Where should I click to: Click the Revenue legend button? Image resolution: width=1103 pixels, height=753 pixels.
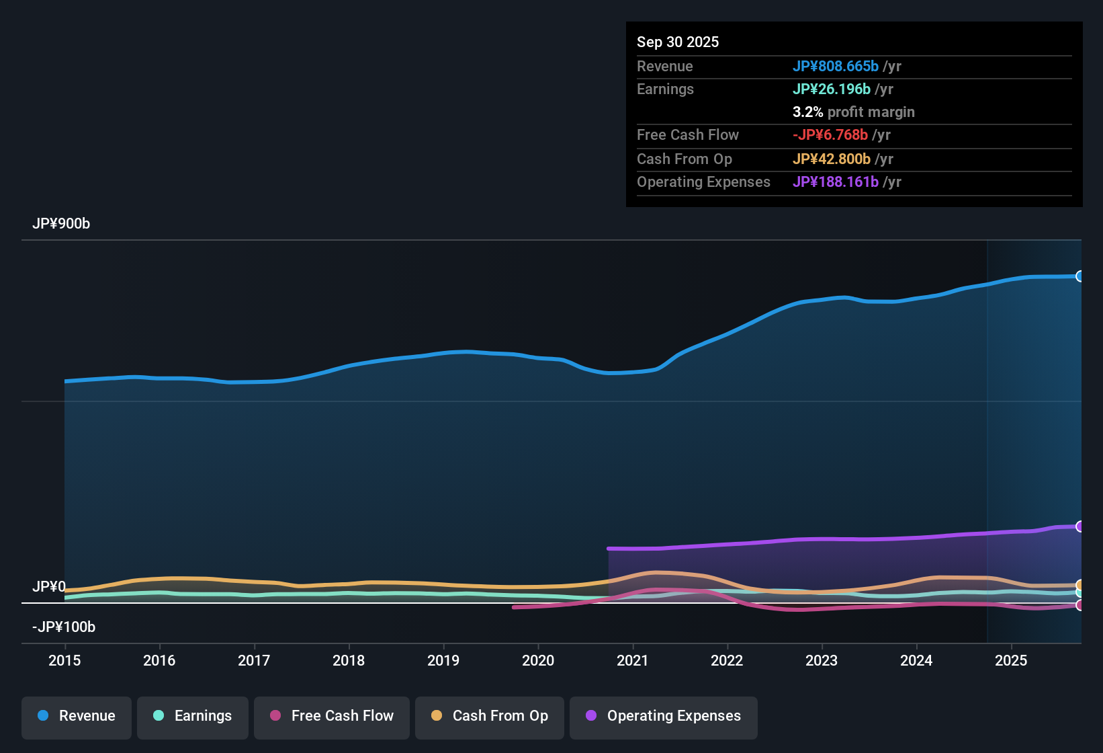(x=77, y=716)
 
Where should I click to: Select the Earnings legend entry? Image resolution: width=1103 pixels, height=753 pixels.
(x=193, y=716)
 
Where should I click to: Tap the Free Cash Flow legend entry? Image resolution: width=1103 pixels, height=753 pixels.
(x=332, y=716)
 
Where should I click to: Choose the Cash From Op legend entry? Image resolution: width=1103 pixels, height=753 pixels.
(x=490, y=716)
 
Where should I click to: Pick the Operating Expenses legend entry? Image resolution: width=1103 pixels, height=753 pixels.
(x=664, y=716)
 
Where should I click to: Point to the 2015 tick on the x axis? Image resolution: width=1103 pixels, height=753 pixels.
(x=64, y=660)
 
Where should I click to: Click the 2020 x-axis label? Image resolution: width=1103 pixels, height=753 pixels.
(x=538, y=660)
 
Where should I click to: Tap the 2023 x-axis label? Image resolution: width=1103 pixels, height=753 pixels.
(x=822, y=660)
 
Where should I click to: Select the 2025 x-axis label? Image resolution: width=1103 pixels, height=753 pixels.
(x=1011, y=660)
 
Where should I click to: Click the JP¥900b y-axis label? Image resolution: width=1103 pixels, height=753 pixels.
(x=61, y=224)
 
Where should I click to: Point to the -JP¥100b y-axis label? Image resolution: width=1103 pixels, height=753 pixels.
(x=64, y=627)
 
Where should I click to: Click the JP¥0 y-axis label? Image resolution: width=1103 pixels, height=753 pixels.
(x=49, y=587)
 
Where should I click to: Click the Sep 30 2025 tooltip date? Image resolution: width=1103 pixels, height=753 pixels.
(x=678, y=42)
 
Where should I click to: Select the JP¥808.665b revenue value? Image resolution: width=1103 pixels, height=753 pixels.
(x=836, y=67)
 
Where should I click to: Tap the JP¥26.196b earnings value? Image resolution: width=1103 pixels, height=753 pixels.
(x=832, y=89)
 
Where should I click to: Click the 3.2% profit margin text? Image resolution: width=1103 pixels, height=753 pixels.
(x=853, y=112)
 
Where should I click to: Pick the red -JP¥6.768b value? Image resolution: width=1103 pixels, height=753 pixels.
(x=830, y=135)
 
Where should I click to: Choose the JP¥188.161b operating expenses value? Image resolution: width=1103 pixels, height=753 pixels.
(x=836, y=182)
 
